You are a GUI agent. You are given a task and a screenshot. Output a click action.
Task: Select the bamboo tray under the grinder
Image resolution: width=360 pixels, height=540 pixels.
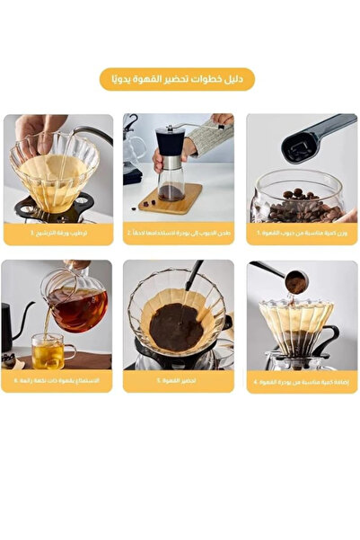coord(171,199)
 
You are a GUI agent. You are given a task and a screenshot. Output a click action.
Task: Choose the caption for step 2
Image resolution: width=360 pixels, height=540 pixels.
coord(178,233)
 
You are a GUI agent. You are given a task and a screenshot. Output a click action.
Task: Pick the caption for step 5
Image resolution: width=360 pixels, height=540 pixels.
coord(178,381)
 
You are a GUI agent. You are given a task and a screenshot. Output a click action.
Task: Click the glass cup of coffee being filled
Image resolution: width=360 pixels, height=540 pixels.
coord(47,351)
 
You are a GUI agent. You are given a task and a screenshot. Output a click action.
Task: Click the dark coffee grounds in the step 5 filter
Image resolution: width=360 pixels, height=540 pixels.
coord(176,326)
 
